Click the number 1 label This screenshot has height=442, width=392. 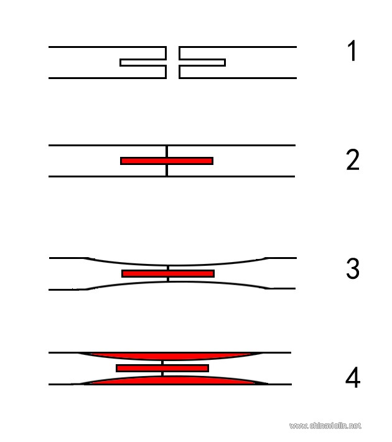[352, 51]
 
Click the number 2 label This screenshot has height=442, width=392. [353, 159]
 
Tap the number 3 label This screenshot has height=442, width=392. [353, 268]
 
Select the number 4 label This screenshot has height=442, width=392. [353, 377]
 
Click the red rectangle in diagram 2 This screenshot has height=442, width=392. [167, 161]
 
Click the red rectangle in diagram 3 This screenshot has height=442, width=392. [168, 273]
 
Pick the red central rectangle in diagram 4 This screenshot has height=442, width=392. [162, 368]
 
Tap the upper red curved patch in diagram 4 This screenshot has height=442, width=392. [170, 356]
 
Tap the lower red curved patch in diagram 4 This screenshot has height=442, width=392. [172, 380]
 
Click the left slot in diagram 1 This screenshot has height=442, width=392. [143, 62]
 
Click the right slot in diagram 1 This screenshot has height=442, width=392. [202, 62]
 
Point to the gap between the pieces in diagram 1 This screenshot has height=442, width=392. [172, 62]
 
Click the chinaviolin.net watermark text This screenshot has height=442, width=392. [325, 426]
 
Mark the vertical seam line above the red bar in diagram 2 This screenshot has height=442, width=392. [167, 151]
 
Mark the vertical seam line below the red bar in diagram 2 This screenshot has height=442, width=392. [167, 170]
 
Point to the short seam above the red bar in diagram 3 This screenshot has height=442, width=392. [168, 268]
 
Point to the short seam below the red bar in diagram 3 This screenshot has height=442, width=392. [168, 280]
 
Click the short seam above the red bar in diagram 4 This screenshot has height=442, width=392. [162, 362]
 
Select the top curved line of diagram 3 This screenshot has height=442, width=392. [175, 265]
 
